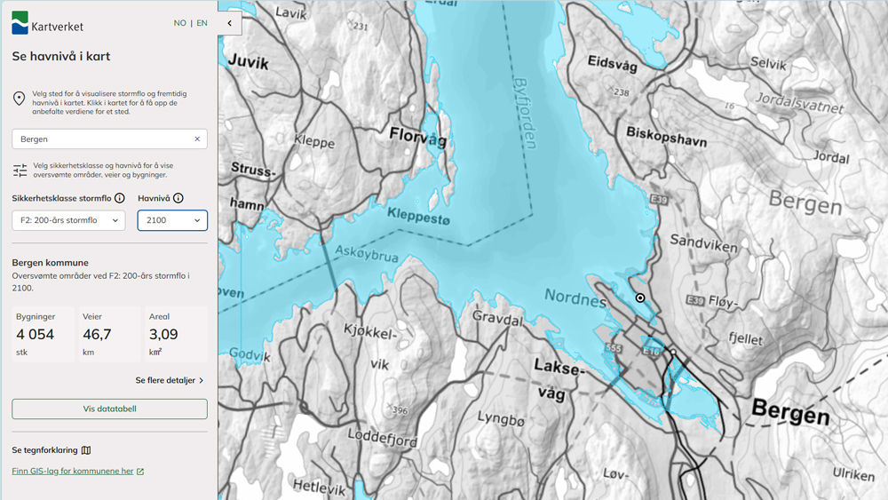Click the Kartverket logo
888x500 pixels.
pos(47,23)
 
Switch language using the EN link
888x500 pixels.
pos(202,23)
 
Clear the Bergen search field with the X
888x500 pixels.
pos(197,139)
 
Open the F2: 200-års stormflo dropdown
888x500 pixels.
pos(68,220)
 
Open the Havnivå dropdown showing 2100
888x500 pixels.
pos(172,220)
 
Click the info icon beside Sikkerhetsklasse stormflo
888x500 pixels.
pos(119,198)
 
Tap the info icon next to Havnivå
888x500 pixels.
pos(178,198)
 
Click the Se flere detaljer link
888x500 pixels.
pos(169,380)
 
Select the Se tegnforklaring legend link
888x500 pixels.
pos(52,450)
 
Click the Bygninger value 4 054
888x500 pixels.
pos(36,335)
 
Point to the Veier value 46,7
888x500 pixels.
pos(97,335)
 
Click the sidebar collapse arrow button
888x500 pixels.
pos(229,23)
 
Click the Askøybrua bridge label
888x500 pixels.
pos(366,255)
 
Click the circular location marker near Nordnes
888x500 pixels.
pos(639,298)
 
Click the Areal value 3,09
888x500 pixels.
pos(164,335)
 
